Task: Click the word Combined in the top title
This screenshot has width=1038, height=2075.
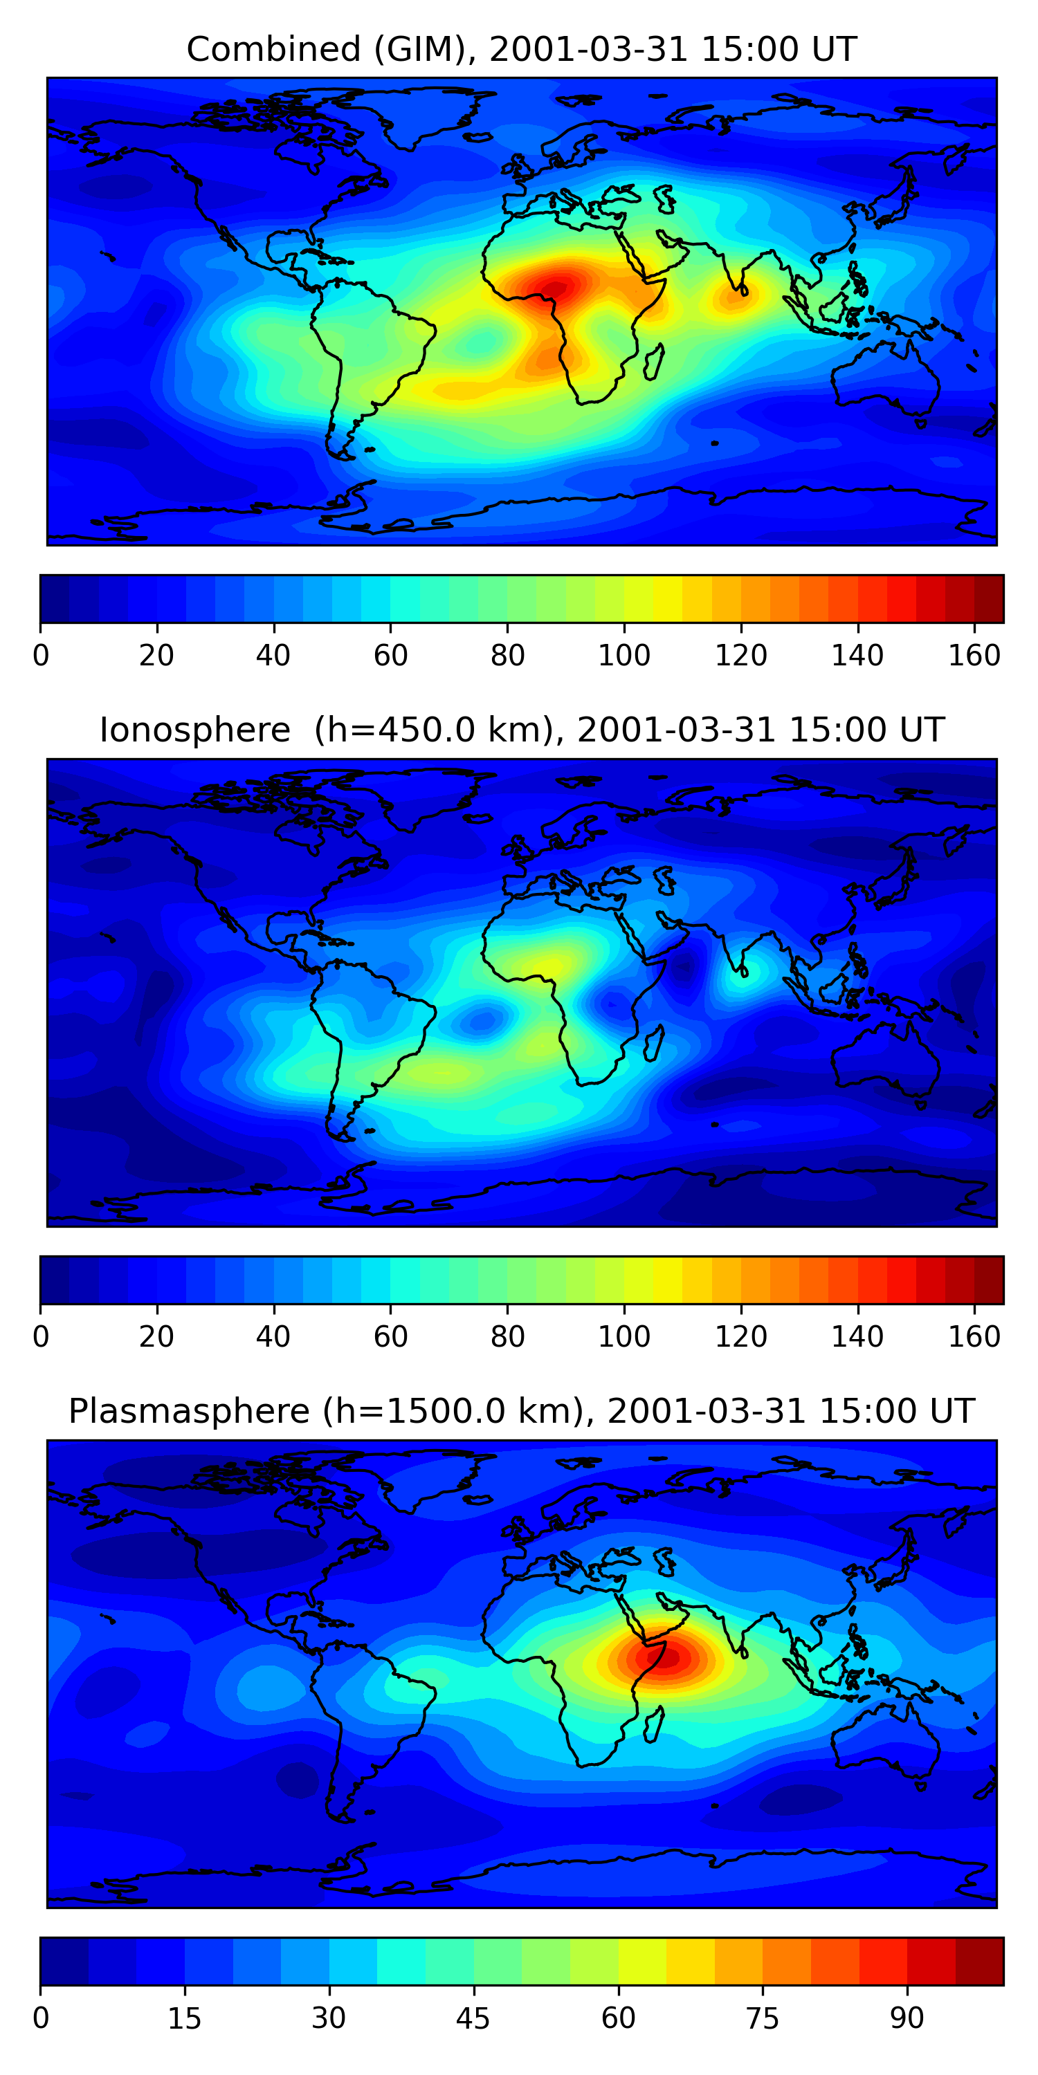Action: [x=273, y=49]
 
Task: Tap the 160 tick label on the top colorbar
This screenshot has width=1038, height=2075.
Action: [x=974, y=656]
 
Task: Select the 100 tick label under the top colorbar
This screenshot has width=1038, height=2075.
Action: [x=623, y=656]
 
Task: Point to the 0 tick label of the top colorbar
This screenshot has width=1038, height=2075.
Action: [x=40, y=656]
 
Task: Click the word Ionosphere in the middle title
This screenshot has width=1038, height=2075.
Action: [x=194, y=730]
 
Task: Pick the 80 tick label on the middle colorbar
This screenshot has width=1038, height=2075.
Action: [x=507, y=1337]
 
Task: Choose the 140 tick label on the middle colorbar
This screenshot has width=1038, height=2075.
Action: [x=857, y=1337]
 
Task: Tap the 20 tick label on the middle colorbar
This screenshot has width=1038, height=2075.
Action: [x=156, y=1337]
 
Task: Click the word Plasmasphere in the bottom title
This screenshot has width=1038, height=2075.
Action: [x=189, y=1411]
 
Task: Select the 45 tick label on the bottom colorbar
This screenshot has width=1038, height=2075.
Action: [x=473, y=2018]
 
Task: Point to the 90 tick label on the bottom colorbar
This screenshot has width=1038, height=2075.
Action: [x=907, y=2018]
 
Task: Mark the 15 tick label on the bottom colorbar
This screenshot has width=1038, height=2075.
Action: [x=184, y=2018]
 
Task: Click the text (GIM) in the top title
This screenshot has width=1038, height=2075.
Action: [x=419, y=49]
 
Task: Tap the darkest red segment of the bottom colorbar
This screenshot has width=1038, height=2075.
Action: [x=979, y=1962]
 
